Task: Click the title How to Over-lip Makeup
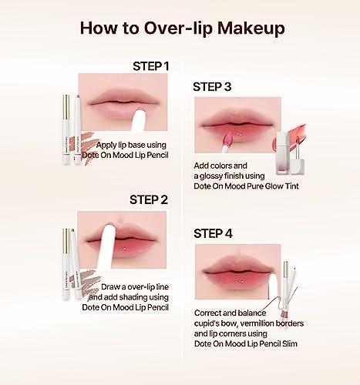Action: (180, 28)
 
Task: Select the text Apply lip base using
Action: (127, 145)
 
